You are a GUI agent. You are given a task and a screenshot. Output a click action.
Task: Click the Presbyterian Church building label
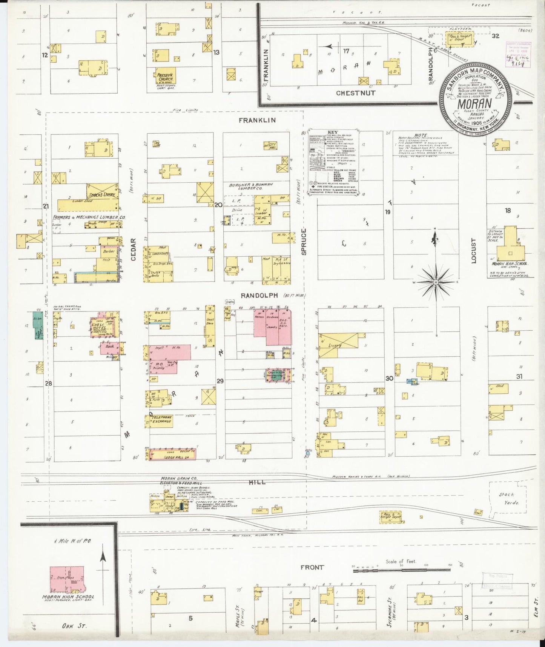tap(164, 77)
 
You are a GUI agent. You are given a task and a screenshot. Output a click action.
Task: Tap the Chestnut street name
tap(356, 92)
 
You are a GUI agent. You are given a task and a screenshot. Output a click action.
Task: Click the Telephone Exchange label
tap(161, 419)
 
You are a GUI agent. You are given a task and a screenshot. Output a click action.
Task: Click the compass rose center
tap(436, 281)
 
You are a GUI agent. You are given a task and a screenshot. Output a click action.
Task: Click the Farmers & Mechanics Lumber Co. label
tap(89, 217)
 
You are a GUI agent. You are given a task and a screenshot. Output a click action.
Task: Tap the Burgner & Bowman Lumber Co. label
tap(251, 186)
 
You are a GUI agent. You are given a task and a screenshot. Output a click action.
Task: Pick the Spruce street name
tap(304, 241)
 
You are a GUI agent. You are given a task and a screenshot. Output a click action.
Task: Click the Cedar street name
tap(133, 250)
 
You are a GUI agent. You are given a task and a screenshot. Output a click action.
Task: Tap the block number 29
tap(220, 381)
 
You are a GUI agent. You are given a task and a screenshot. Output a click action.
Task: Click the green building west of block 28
tap(38, 327)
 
